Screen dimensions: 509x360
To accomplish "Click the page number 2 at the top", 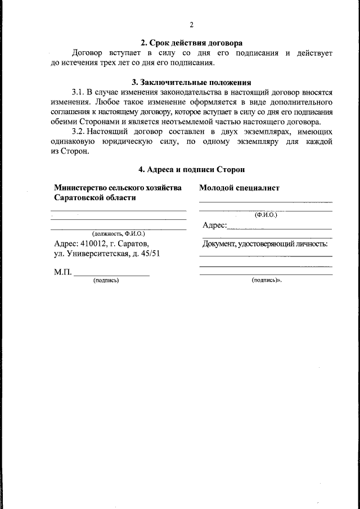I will [x=191, y=25].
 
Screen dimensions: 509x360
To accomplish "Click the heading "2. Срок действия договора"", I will [x=191, y=43].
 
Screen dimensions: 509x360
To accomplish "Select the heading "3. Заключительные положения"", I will [x=191, y=82].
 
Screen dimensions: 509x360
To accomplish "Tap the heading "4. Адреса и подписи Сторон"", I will [x=191, y=169].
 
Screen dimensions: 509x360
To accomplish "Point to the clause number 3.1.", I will [x=78, y=91].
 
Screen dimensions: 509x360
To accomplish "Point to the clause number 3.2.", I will [x=78, y=131].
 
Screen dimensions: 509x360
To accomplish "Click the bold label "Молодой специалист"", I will [x=238, y=188].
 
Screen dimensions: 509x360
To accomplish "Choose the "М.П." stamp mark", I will [x=62, y=272].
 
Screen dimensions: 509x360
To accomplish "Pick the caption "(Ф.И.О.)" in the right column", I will [x=266, y=214].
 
